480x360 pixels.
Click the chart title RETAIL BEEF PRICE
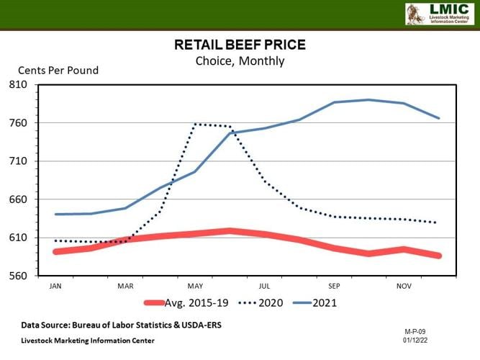pyautogui.click(x=240, y=45)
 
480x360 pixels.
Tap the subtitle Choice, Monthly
pyautogui.click(x=240, y=60)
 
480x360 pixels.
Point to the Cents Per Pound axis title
pyautogui.click(x=58, y=71)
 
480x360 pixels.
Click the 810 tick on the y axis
pyautogui.click(x=19, y=85)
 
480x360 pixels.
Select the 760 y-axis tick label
pyautogui.click(x=19, y=123)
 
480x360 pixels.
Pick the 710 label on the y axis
pyautogui.click(x=19, y=161)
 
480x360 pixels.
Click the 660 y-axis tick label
pyautogui.click(x=19, y=199)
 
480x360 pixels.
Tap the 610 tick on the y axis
pyautogui.click(x=19, y=238)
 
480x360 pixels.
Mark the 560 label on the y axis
pyautogui.click(x=19, y=276)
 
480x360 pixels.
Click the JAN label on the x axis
pyautogui.click(x=55, y=286)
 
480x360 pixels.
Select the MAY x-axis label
pyautogui.click(x=195, y=286)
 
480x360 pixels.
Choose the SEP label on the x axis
pyautogui.click(x=335, y=286)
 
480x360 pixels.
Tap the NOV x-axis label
pyautogui.click(x=404, y=286)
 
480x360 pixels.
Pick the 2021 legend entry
pyautogui.click(x=314, y=303)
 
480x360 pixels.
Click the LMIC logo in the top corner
pyautogui.click(x=437, y=14)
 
